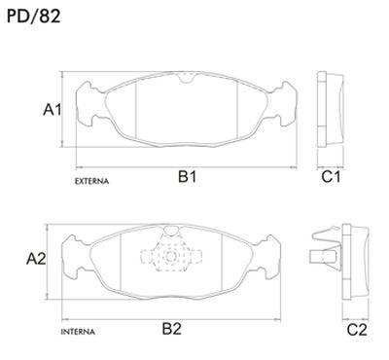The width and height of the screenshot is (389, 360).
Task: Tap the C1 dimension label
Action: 331,177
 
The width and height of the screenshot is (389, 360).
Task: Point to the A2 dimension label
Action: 36,259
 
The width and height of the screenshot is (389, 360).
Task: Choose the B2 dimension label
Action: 171,329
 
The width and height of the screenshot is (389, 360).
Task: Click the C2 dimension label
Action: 357,329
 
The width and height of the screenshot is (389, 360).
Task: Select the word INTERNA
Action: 77,333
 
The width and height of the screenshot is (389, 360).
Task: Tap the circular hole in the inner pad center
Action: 171,259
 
